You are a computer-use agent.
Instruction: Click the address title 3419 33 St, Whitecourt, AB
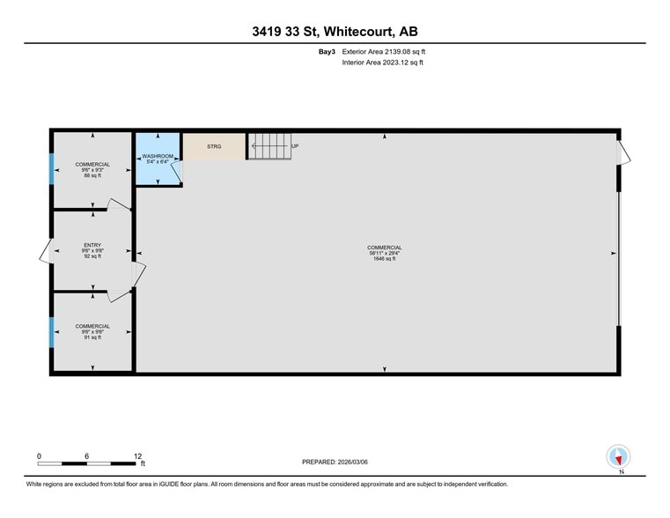point(335,32)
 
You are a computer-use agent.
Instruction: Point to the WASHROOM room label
point(158,156)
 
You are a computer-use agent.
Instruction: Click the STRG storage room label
point(214,146)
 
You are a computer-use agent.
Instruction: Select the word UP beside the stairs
point(295,146)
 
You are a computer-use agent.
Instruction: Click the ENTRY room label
point(92,246)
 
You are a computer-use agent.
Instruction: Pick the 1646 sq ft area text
point(385,259)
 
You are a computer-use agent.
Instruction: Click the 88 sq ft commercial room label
point(92,176)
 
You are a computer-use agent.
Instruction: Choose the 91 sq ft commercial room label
point(92,337)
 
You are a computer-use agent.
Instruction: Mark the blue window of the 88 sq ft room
point(51,168)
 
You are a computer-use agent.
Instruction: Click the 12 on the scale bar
point(137,455)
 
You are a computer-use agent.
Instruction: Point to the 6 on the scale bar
point(87,455)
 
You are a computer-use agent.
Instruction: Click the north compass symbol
point(619,457)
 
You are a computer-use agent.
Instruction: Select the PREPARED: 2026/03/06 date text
point(335,462)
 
